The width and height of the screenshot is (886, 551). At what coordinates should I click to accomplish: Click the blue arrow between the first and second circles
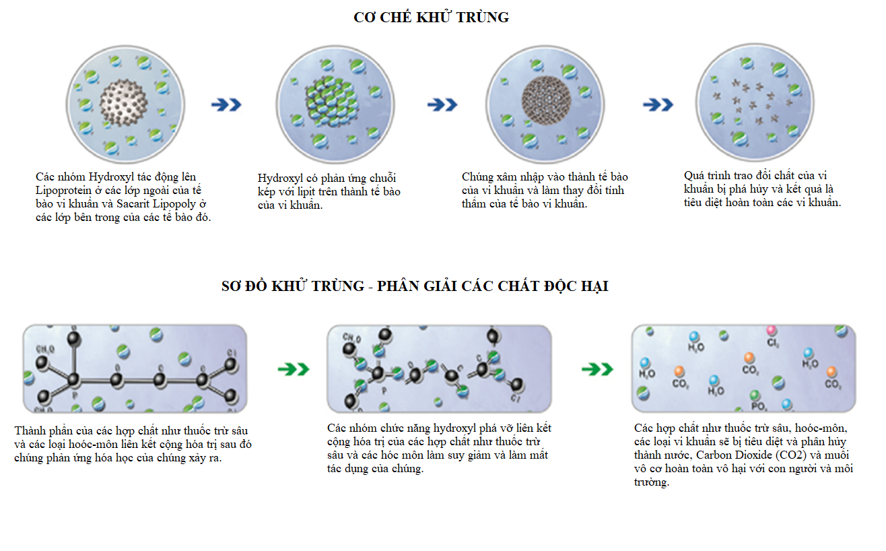[226, 104]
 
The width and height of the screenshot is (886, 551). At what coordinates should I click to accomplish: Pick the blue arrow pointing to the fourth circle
[658, 104]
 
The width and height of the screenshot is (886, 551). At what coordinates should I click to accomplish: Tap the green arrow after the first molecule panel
[294, 369]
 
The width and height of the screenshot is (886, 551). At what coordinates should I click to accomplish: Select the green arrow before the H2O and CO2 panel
[597, 369]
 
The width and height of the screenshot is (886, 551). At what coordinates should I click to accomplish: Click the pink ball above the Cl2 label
[772, 331]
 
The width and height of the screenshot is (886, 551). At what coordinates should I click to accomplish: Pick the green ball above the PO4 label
[755, 395]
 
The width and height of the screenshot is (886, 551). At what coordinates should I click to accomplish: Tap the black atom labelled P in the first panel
[73, 381]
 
